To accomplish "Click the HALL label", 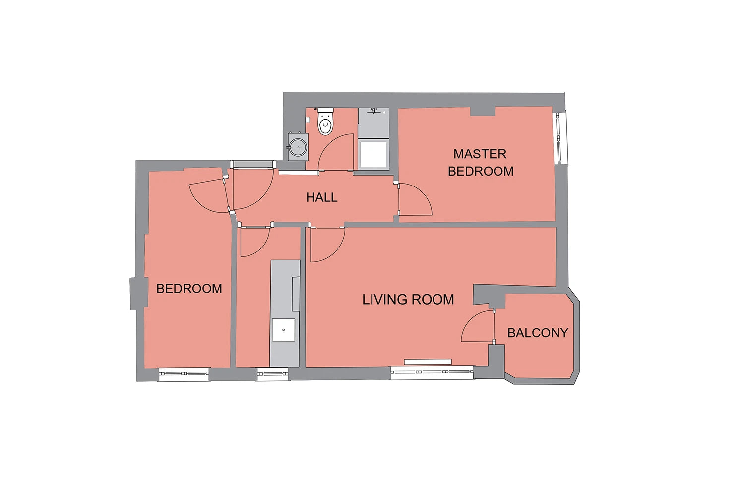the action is [x=321, y=198].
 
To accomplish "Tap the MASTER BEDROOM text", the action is [x=480, y=163].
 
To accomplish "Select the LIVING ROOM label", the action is [x=408, y=299].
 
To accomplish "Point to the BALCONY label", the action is [x=538, y=333].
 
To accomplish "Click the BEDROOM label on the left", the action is [x=189, y=288].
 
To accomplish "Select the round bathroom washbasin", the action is [x=298, y=147].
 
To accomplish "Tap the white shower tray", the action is [x=373, y=154].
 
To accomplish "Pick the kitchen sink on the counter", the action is [x=283, y=330].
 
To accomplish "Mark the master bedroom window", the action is [x=560, y=138].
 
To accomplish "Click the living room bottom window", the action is [x=432, y=372].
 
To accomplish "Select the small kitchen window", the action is [x=273, y=374].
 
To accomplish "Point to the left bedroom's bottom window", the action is [x=184, y=374].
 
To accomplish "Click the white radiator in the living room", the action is [x=428, y=362].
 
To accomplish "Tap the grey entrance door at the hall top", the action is [x=253, y=164].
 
